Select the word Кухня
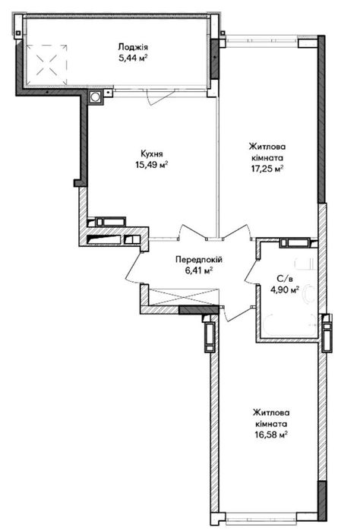coord(152,154)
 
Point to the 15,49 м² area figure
coord(152,166)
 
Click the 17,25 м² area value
coord(267,169)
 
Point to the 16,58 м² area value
coord(271,435)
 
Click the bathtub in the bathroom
coord(289,326)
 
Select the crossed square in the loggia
coord(47,65)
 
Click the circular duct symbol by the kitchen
coord(95,97)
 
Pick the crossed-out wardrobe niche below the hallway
coord(183,297)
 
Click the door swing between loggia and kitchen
coord(160,99)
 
